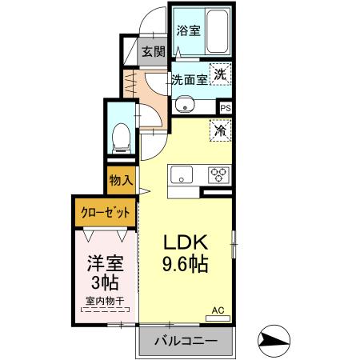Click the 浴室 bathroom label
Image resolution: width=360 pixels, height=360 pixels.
tap(188, 30)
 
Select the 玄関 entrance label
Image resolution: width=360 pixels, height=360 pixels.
tap(154, 53)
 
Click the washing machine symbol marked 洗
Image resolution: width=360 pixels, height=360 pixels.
tap(221, 75)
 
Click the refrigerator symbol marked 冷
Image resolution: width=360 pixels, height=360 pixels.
tap(220, 130)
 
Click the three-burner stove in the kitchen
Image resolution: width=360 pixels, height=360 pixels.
tap(218, 174)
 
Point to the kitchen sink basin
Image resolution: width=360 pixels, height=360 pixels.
tap(178, 174)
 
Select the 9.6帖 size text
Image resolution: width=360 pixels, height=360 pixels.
tap(188, 264)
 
